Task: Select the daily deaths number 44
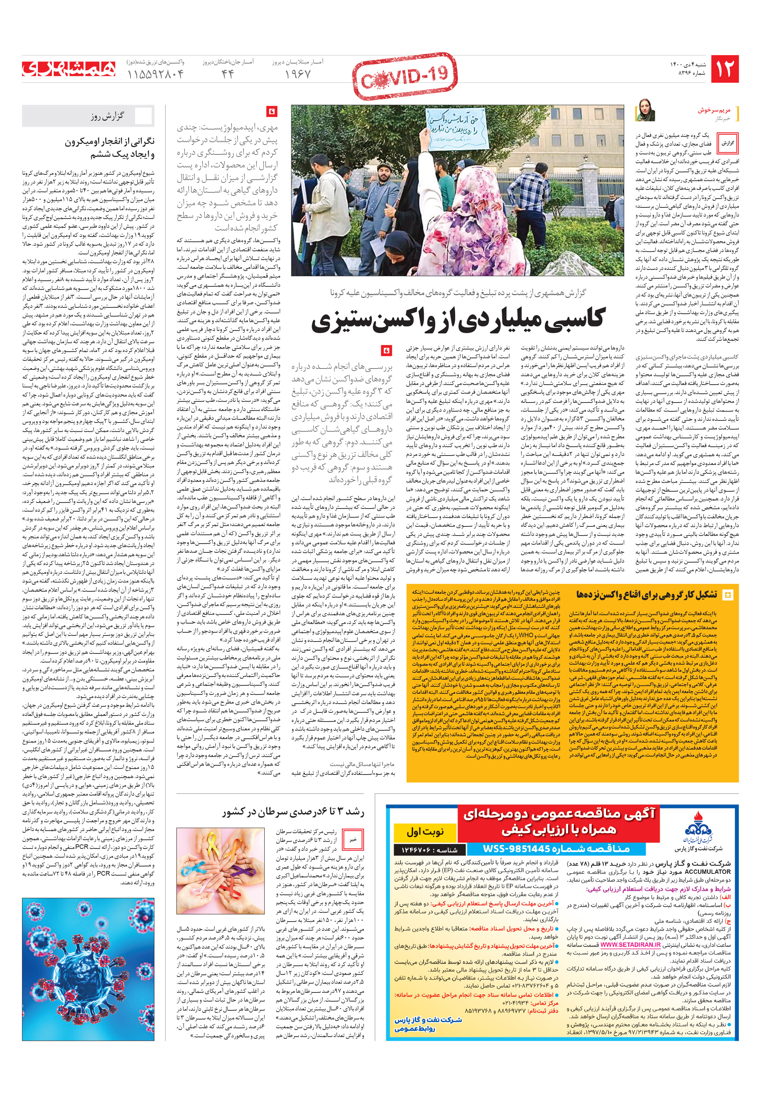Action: click(x=227, y=74)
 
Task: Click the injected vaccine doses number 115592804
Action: click(x=156, y=74)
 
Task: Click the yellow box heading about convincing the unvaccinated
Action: click(x=646, y=595)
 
